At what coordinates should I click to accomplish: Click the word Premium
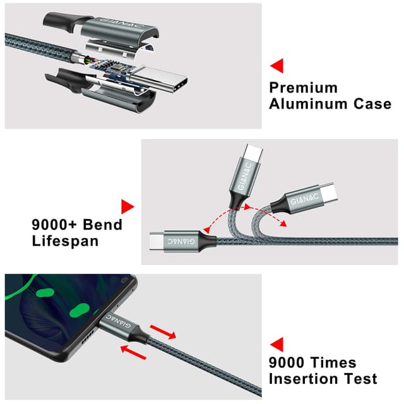[303, 87]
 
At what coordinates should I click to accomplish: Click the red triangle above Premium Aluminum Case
[276, 65]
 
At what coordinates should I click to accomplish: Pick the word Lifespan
[66, 241]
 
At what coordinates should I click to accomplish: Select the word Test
[360, 379]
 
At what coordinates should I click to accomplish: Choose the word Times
[334, 362]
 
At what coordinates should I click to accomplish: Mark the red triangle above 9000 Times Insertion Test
[276, 344]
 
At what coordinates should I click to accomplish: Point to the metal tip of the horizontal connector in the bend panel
[157, 241]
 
